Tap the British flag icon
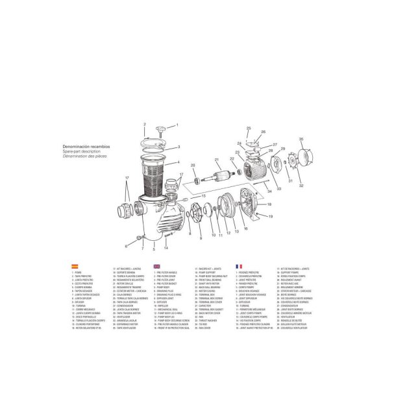pyautogui.click(x=156, y=266)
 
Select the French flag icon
pyautogui.click(x=239, y=266)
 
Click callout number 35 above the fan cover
pyautogui.click(x=301, y=140)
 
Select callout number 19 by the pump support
pyautogui.click(x=271, y=218)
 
